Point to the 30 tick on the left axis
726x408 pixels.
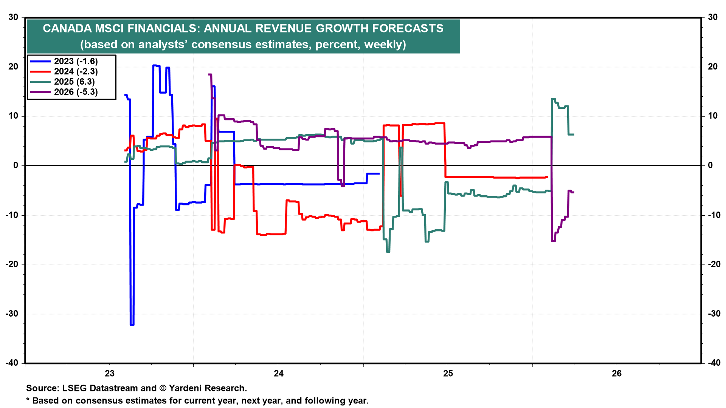coord(13,17)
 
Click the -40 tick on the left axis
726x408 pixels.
coord(12,363)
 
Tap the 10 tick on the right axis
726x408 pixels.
coord(712,116)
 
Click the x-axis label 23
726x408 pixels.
coord(109,374)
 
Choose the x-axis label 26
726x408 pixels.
coord(616,374)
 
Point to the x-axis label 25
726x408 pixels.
coord(448,374)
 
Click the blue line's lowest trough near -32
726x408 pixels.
coord(132,325)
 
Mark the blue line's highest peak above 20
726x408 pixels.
coord(155,65)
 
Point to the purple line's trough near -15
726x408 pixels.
coord(554,241)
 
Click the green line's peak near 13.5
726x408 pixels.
coord(554,99)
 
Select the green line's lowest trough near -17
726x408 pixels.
coord(388,252)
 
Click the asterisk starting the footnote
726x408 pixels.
coord(28,400)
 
